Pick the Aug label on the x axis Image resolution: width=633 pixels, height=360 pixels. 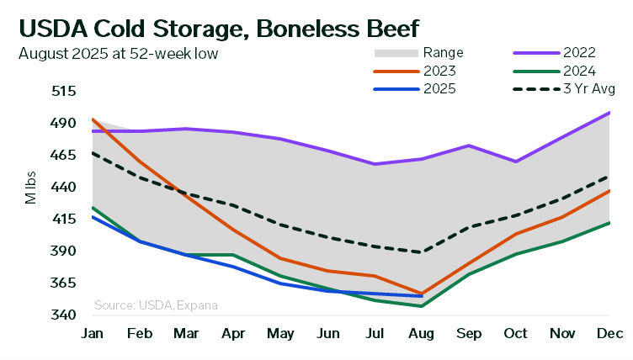pos(421,334)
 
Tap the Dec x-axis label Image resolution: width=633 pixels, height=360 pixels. pos(609,334)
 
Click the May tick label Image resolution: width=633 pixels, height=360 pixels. pos(279,334)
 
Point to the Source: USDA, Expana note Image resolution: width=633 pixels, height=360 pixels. pos(156,305)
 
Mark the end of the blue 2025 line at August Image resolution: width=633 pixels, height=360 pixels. pos(421,296)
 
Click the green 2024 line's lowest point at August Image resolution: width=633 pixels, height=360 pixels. pos(421,306)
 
